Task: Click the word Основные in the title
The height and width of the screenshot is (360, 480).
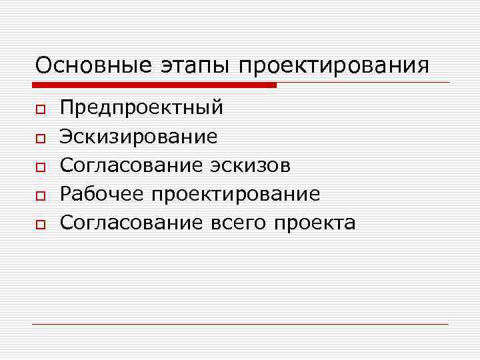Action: point(96,66)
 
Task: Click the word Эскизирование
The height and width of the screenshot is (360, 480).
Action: point(139,137)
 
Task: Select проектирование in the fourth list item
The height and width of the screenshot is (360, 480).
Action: point(235,195)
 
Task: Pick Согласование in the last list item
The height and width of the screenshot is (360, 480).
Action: point(131,223)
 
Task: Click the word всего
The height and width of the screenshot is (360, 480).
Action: point(237,223)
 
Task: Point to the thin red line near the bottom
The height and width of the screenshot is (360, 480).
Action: point(240,324)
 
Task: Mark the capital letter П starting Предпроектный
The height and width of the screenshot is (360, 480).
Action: point(67,107)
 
